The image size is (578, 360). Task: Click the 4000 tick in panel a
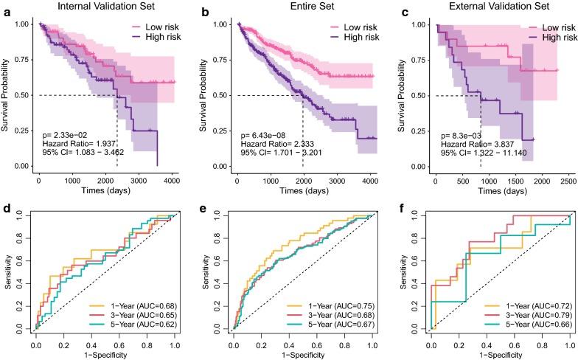click(x=171, y=179)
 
